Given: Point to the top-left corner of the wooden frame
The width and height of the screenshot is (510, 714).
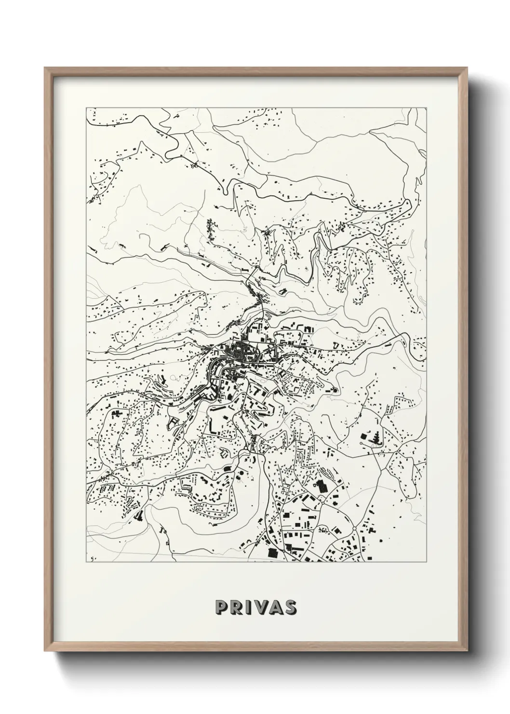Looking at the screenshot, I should click(45, 68).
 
